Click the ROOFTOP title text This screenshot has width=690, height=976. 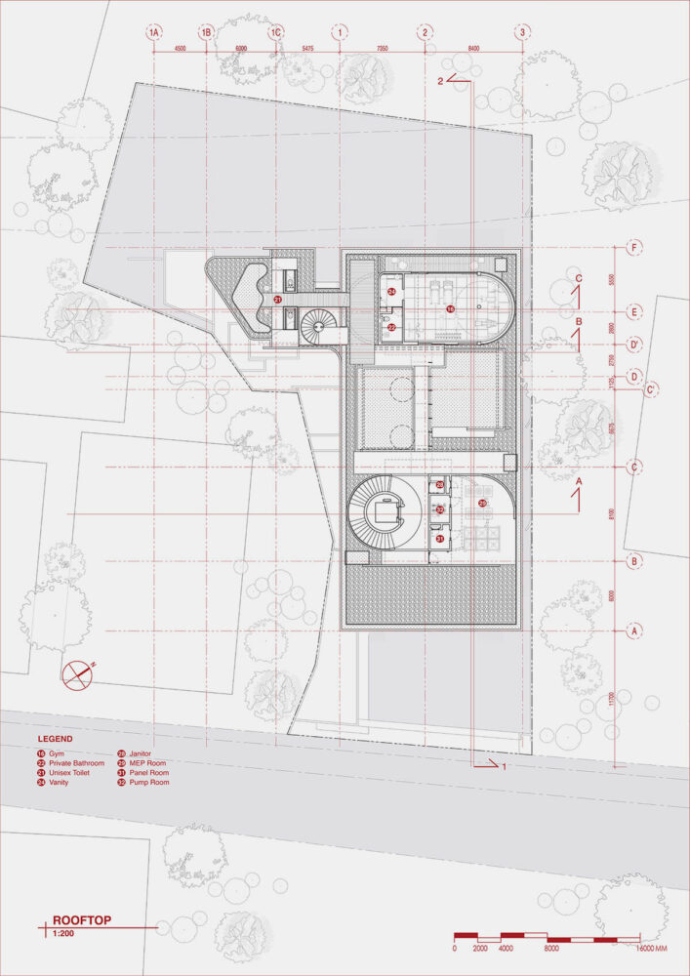[79, 919]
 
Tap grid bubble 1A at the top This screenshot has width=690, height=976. [153, 32]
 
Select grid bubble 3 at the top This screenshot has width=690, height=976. [523, 32]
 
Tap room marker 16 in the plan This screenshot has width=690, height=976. [450, 308]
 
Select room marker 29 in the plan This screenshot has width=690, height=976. [482, 503]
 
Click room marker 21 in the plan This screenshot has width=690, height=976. [277, 300]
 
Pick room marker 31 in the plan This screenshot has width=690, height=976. [440, 538]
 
